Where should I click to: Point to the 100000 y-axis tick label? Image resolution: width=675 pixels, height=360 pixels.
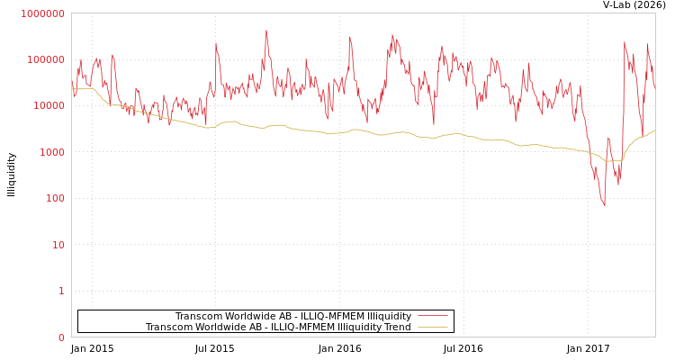45,59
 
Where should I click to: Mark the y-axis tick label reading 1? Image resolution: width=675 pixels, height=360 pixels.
61,291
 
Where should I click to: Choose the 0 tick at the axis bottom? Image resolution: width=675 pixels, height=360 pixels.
61,337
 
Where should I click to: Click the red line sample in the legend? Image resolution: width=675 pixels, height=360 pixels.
432,316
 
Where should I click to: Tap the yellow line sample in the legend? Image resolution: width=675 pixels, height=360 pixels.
432,327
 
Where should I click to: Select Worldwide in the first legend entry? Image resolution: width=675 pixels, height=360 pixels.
247,316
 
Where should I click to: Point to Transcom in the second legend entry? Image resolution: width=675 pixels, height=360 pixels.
167,327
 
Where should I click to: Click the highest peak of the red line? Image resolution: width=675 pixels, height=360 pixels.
266,31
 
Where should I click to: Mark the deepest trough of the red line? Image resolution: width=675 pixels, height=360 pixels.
604,206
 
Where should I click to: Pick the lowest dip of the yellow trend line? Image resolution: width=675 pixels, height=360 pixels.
612,161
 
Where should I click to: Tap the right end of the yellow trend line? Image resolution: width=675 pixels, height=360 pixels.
654,130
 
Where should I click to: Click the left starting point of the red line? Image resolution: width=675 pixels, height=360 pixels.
72,83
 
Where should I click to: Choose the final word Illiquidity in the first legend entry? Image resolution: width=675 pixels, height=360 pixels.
388,316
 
